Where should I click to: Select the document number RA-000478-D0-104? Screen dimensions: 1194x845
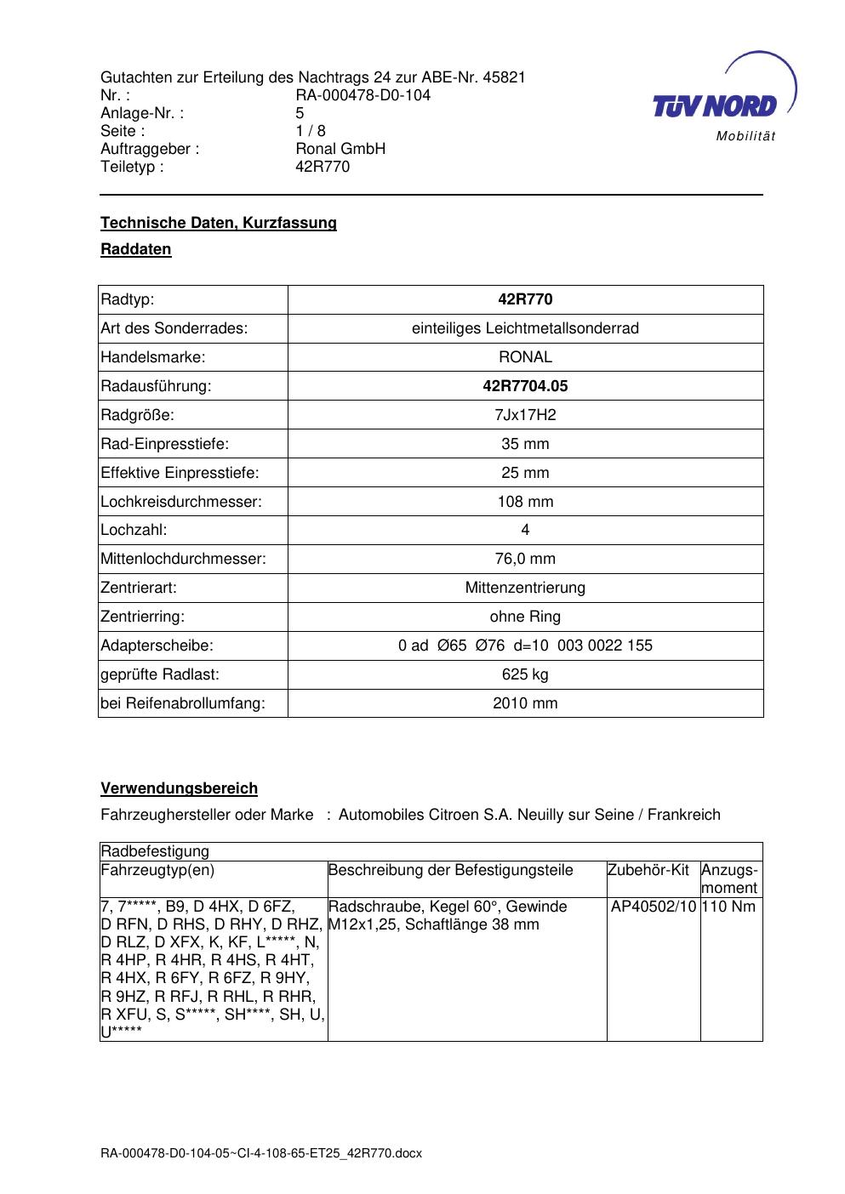point(363,95)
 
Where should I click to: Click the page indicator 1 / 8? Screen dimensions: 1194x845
point(310,131)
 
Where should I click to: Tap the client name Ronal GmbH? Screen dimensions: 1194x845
point(340,149)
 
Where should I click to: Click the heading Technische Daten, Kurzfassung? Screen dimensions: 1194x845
point(219,223)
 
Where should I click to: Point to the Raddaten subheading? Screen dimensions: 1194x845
point(136,249)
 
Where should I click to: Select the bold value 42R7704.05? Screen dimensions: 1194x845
point(525,386)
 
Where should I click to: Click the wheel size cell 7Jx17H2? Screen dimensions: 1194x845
point(525,415)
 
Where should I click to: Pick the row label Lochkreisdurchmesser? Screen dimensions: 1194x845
point(181,502)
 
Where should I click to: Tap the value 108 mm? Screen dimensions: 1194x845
point(525,502)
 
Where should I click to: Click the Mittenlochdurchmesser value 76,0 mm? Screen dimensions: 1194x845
point(525,559)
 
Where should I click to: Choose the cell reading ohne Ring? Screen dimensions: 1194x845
point(525,617)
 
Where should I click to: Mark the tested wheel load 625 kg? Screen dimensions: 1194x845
point(525,674)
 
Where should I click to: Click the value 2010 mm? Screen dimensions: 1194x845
point(525,703)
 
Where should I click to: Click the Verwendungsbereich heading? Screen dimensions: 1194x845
point(179,788)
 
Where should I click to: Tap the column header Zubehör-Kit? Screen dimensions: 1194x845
point(648,870)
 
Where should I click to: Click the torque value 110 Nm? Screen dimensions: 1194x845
point(729,907)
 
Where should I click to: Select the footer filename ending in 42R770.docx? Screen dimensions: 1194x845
point(261,1154)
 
